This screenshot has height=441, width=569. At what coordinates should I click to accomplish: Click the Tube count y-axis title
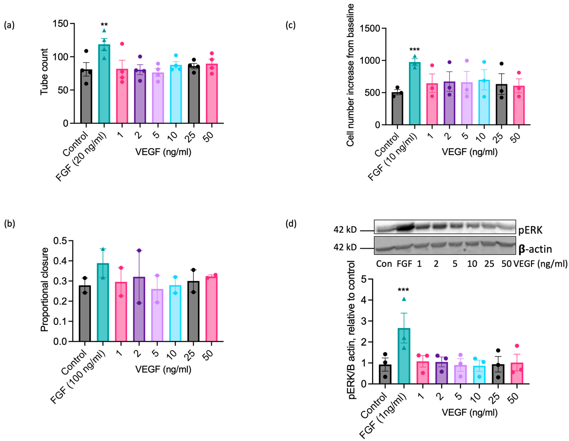pos(44,72)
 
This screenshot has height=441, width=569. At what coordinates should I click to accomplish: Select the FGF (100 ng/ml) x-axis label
pos(78,377)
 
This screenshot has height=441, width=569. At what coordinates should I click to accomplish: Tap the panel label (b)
pos(9,224)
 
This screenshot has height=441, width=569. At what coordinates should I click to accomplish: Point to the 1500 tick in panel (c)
pos(370,28)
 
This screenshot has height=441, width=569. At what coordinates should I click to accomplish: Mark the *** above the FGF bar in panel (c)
pos(415,49)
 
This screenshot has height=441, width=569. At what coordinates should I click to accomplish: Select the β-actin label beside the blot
pos(535,249)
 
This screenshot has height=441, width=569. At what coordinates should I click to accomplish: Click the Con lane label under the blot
pos(384,264)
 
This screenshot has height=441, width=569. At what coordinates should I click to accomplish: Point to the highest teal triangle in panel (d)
pos(404,299)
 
